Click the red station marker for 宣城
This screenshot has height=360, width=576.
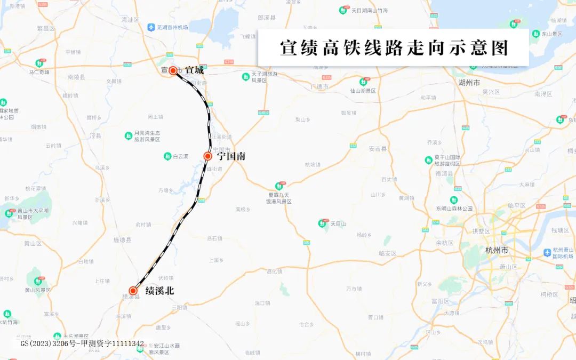tap(173, 70)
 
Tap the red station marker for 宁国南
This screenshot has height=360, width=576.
tap(208, 156)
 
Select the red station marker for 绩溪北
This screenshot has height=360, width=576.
tap(133, 291)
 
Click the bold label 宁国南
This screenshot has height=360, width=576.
tap(231, 156)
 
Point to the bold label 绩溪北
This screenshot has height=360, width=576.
tap(159, 291)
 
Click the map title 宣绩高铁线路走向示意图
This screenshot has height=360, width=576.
tap(394, 47)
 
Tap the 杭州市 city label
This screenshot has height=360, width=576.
tap(497, 250)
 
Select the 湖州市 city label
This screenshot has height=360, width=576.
tap(469, 83)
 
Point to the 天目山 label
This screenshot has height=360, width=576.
tap(338, 223)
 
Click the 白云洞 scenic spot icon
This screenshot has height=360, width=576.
tap(167, 156)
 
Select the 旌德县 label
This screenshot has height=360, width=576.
tap(122, 240)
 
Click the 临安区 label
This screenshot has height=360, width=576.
tap(387, 253)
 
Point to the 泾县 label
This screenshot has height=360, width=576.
tap(95, 136)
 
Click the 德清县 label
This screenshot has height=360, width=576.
tap(444, 173)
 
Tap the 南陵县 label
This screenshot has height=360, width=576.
tap(76, 77)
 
